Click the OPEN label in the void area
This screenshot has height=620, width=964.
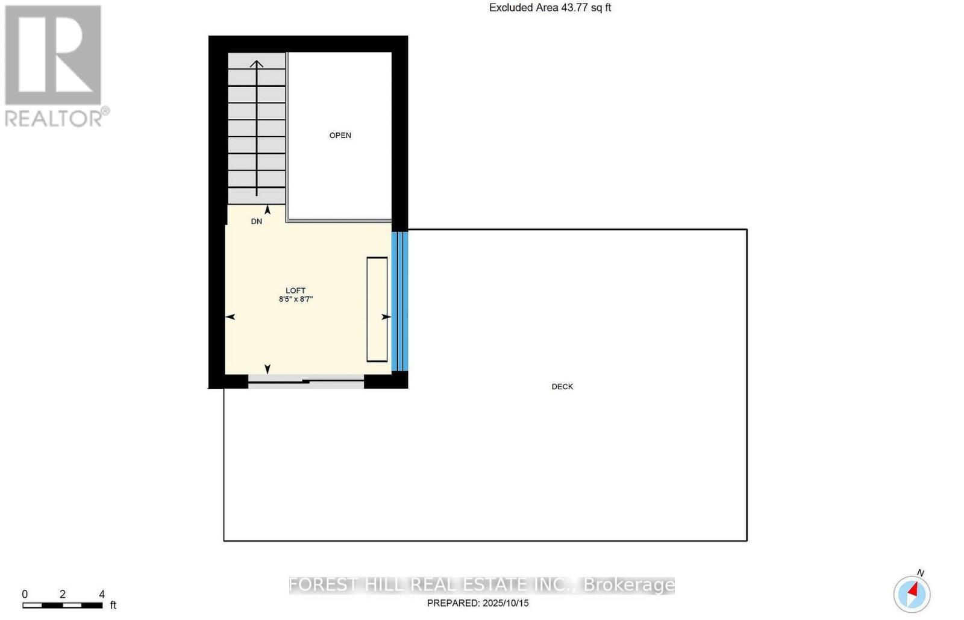340,136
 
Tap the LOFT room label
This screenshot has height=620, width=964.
295,290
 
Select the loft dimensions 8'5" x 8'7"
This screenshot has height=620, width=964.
295,299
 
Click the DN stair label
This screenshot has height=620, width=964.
257,221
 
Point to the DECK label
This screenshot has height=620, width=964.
562,387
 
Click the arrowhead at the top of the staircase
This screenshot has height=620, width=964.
257,64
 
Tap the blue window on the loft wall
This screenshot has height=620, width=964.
399,301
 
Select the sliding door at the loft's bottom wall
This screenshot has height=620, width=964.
306,381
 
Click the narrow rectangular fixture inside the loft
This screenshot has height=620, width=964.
377,309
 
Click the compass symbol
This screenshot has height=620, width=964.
912,593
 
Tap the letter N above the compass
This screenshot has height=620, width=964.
920,573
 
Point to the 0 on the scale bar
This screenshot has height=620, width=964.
25,594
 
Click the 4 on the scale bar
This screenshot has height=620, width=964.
102,594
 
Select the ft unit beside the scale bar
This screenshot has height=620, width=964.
113,605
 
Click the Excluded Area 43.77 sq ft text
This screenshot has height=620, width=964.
549,8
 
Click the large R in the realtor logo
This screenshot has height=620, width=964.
53,55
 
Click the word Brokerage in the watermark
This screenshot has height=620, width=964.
629,585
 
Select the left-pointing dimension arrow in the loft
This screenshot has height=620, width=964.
230,317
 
